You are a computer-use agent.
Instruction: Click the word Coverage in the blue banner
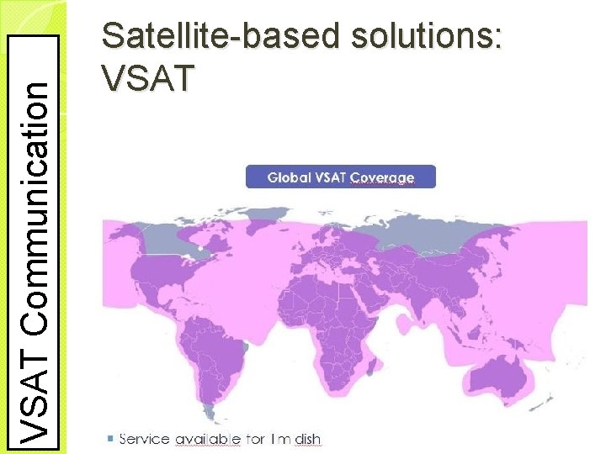point(382,177)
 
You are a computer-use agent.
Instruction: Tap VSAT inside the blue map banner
point(332,177)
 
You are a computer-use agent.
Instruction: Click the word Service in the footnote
point(144,438)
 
